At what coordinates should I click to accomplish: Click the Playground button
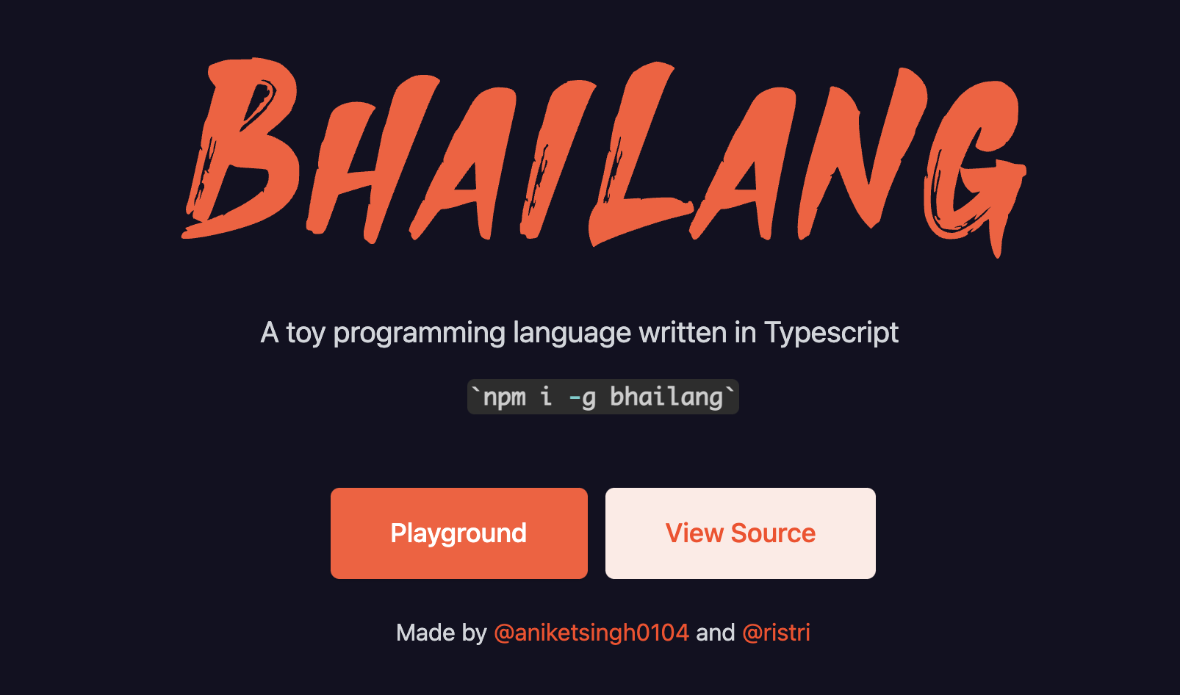click(x=458, y=533)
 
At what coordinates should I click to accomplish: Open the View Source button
click(x=740, y=533)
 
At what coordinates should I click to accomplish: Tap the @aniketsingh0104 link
click(x=591, y=633)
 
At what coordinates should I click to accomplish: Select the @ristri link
click(x=776, y=633)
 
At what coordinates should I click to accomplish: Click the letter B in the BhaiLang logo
click(x=240, y=148)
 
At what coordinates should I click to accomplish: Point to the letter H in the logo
click(x=369, y=158)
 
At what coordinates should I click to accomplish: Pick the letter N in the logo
click(x=862, y=153)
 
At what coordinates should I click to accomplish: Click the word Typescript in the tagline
click(x=831, y=334)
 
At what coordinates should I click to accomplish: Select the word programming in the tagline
click(x=420, y=334)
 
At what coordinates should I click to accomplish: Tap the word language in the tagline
click(x=572, y=334)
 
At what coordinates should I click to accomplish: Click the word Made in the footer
click(x=425, y=633)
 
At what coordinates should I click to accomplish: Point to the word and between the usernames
click(x=716, y=633)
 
